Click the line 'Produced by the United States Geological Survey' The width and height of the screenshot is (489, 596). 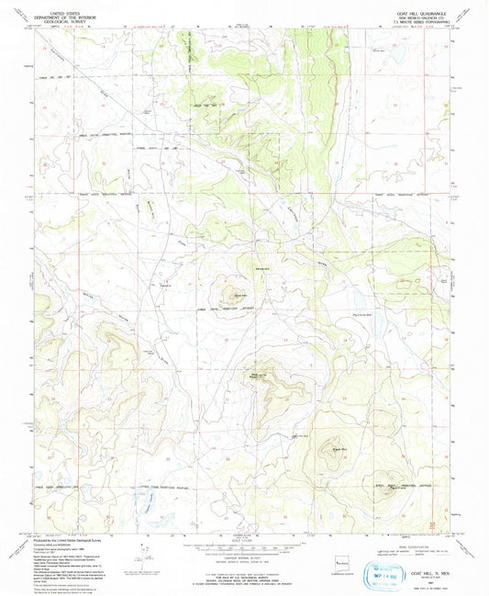(x=69, y=539)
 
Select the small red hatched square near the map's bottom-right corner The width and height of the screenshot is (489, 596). (x=432, y=523)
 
